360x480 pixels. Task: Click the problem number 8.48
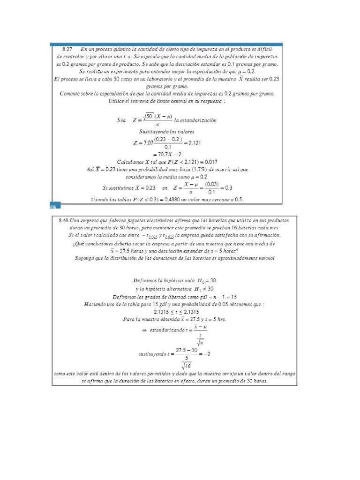(64, 220)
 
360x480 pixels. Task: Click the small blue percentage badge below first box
(52, 206)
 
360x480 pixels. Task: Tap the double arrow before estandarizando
(144, 330)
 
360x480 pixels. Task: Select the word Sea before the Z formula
(121, 120)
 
